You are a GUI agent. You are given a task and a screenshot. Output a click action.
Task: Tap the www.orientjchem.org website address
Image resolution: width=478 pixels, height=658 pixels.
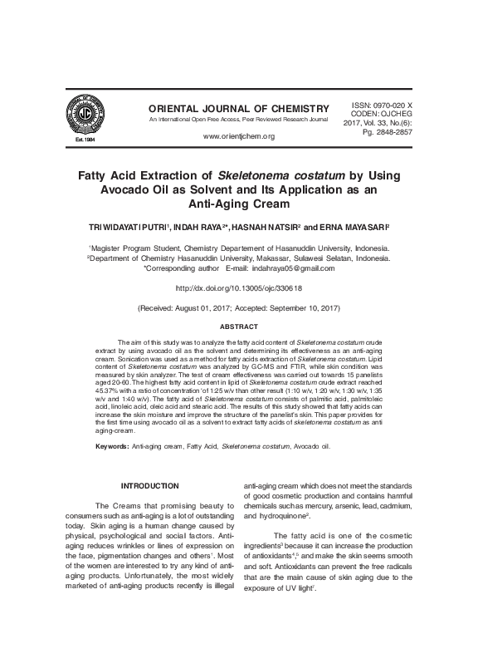coord(238,136)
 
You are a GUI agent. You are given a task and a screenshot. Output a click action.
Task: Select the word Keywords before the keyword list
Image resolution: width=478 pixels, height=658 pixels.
coord(112,446)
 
